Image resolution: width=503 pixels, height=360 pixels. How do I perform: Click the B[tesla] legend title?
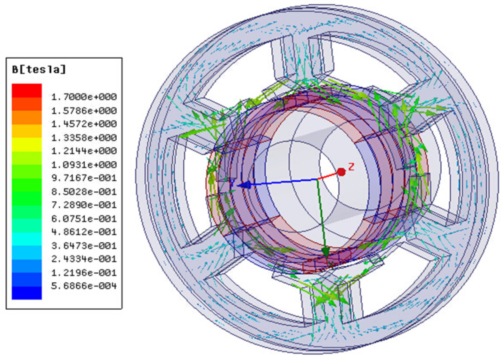coord(39,69)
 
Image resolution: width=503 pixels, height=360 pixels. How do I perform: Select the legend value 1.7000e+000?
coord(84,97)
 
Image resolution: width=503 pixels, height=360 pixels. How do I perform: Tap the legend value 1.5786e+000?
coord(84,111)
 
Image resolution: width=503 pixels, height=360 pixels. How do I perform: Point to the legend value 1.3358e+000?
coord(84,138)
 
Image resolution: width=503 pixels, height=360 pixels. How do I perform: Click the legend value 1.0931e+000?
coord(84,165)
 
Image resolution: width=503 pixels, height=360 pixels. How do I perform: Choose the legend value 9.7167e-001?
coord(84,178)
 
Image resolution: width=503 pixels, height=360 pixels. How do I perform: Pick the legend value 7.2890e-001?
coord(84,205)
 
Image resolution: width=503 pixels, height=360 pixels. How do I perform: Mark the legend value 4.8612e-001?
coord(84,232)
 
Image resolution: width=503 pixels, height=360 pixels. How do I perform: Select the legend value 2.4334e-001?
coord(84,259)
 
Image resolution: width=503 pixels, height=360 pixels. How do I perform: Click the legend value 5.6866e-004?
coord(84,286)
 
